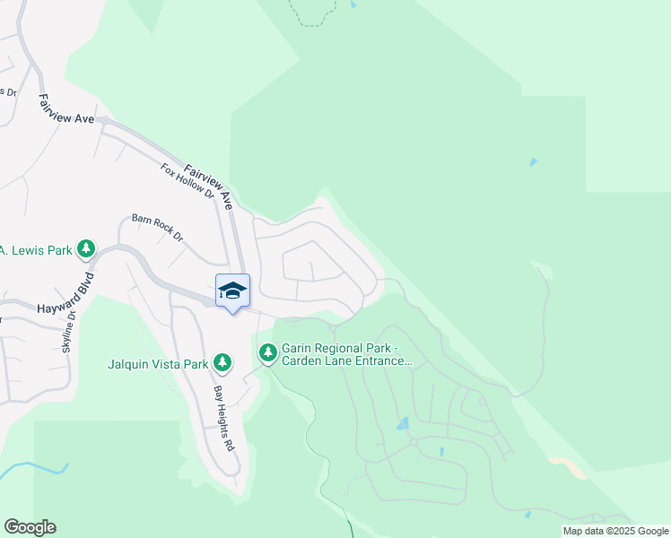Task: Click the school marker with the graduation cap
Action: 232,291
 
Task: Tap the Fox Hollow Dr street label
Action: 187,181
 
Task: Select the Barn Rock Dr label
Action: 157,228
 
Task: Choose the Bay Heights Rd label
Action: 222,418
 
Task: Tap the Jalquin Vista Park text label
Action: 158,364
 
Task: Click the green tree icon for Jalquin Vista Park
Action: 222,363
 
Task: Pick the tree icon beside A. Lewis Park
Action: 85,248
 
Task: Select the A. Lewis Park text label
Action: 35,249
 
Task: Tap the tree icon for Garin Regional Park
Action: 267,353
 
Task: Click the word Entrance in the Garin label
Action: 380,361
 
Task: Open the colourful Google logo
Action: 30,527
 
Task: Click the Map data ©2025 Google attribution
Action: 615,531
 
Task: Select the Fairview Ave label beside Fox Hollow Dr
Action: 209,187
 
